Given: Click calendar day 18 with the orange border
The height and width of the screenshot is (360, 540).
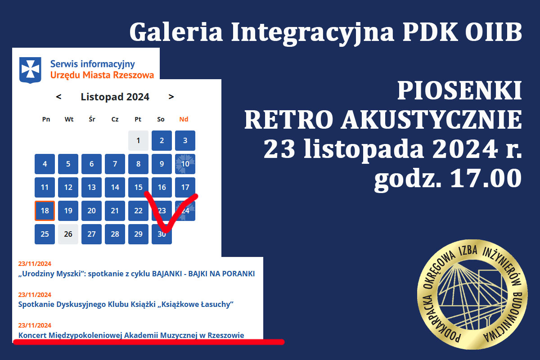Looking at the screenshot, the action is [x=45, y=211].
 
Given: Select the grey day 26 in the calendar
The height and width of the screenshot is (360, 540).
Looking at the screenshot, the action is [x=68, y=234].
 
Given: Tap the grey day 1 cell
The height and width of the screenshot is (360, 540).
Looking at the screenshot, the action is [x=138, y=140].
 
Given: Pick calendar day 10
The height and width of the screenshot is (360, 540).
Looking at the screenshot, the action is [x=185, y=164].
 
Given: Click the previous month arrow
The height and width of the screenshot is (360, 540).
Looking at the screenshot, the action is [x=58, y=97].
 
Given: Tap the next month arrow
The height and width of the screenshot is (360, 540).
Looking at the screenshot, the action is [x=171, y=97].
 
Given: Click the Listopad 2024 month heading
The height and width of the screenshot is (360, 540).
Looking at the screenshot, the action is [x=115, y=97].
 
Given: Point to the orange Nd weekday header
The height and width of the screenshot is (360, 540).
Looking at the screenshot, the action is [x=184, y=119].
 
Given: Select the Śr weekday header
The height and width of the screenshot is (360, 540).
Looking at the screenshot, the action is [x=92, y=119].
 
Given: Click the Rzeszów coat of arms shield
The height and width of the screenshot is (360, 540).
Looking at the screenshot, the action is [x=30, y=70].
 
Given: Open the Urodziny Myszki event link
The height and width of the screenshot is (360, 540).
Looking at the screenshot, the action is [x=136, y=274].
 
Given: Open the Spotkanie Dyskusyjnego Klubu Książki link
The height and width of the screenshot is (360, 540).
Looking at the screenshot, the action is [x=126, y=305].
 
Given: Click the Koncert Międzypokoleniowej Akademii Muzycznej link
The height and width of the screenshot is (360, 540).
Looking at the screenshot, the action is [x=131, y=335].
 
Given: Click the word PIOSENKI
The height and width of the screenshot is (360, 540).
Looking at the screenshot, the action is [x=459, y=90].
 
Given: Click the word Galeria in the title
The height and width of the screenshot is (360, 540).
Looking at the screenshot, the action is [x=176, y=32].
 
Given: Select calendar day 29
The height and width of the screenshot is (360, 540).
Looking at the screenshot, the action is [x=138, y=234].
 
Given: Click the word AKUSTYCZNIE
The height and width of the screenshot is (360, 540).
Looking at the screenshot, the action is [x=432, y=120].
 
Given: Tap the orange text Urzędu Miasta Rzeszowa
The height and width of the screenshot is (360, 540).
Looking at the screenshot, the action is [x=102, y=75].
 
